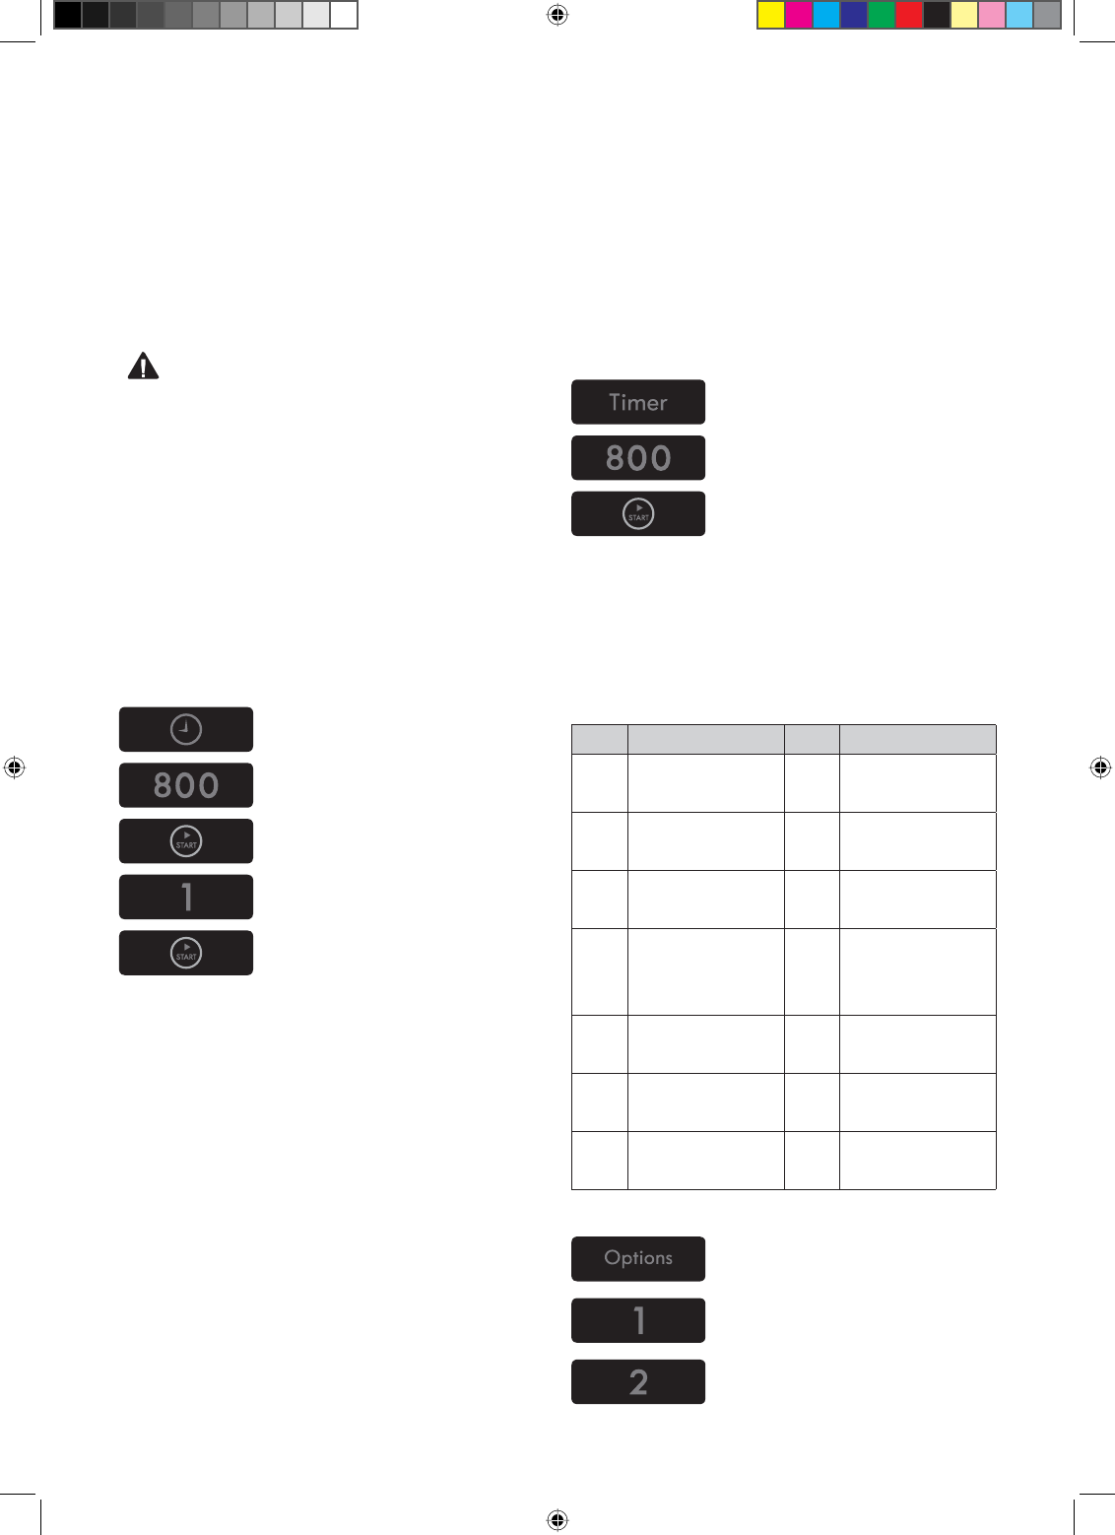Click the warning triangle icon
pyautogui.click(x=143, y=367)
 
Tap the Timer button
pyautogui.click(x=638, y=402)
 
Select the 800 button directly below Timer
pyautogui.click(x=638, y=458)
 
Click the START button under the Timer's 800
pyautogui.click(x=638, y=513)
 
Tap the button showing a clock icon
pyautogui.click(x=186, y=729)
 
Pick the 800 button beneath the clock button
pyautogui.click(x=186, y=785)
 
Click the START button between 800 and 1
pyautogui.click(x=186, y=841)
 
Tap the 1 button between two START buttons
pyautogui.click(x=186, y=897)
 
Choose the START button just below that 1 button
pyautogui.click(x=186, y=953)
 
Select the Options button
pyautogui.click(x=638, y=1258)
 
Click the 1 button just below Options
pyautogui.click(x=638, y=1320)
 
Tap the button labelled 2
pyautogui.click(x=638, y=1381)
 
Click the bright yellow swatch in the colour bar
pyautogui.click(x=771, y=15)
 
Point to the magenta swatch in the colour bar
pyautogui.click(x=799, y=15)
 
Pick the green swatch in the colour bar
pyautogui.click(x=882, y=15)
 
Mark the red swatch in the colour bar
pyautogui.click(x=909, y=15)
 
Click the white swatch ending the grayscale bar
pyautogui.click(x=344, y=15)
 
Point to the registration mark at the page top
pyautogui.click(x=557, y=15)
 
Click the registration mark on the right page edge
pyautogui.click(x=1100, y=767)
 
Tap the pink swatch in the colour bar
pyautogui.click(x=992, y=15)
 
